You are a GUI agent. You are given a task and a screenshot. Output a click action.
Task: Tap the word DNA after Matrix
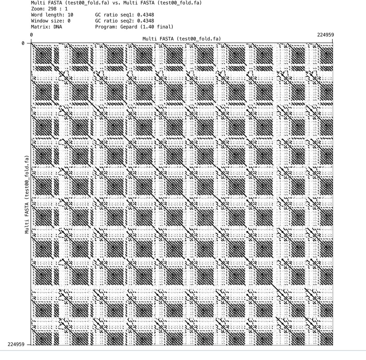[x=58, y=27]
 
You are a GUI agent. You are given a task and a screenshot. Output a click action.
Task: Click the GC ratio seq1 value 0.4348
[x=146, y=15]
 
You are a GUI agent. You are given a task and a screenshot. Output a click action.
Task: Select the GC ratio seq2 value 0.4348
[x=146, y=21]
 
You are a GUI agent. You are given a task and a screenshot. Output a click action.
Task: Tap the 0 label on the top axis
[x=31, y=35]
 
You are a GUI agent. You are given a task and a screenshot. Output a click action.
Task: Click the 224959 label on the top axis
[x=325, y=35]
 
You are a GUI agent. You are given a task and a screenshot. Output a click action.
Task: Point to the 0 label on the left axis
[x=23, y=43]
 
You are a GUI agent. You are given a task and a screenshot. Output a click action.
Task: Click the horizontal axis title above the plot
[x=181, y=39]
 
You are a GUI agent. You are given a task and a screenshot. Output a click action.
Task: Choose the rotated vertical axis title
[x=27, y=195]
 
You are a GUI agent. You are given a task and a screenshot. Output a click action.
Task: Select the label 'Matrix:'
[x=40, y=27]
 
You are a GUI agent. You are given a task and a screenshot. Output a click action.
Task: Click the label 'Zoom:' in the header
[x=37, y=9]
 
